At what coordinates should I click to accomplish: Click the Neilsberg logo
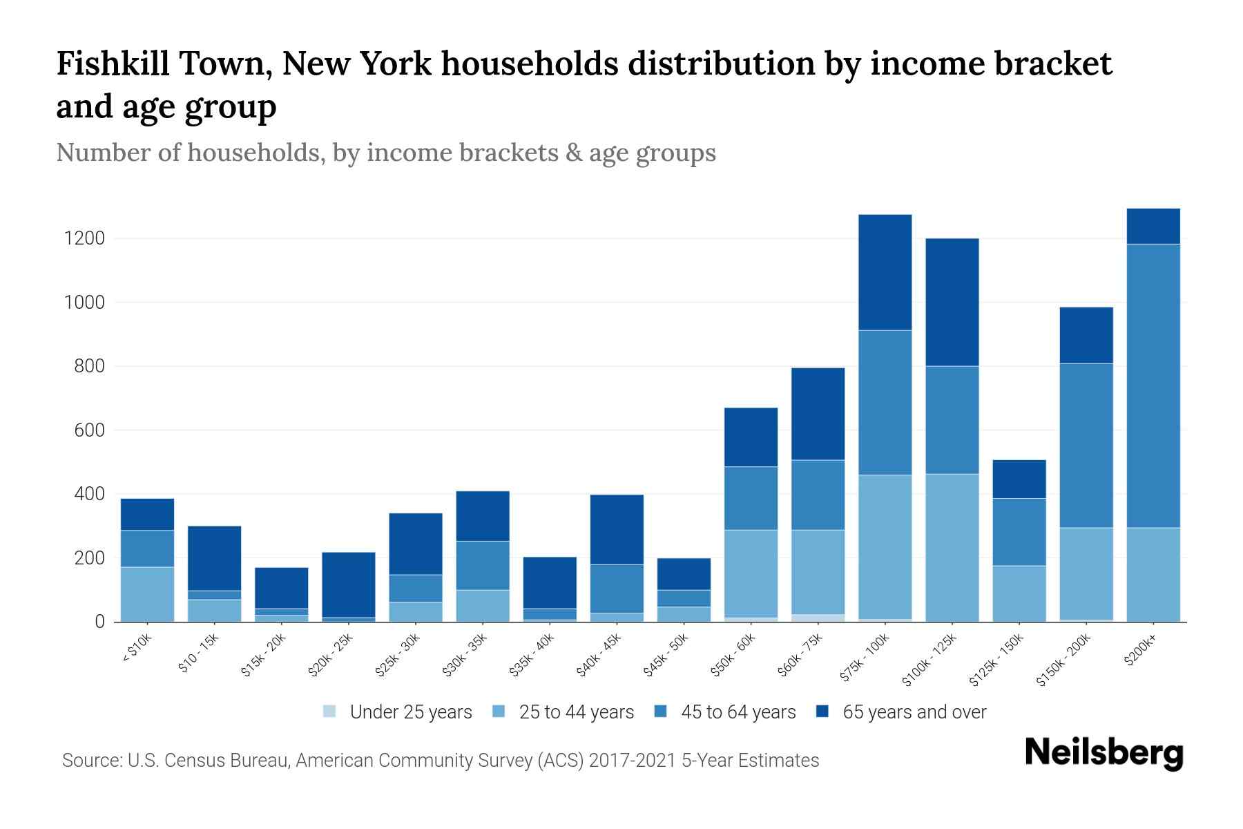pos(1104,752)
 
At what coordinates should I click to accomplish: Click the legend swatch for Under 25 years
pos(330,712)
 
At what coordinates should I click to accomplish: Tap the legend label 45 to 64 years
pos(738,712)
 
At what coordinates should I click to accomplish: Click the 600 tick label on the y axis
pos(89,430)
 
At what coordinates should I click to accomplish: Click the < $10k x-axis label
pos(137,649)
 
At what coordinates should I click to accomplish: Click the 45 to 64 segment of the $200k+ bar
pos(1153,385)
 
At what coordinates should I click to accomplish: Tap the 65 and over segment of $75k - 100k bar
pos(885,272)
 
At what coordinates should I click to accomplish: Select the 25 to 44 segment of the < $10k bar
pos(147,594)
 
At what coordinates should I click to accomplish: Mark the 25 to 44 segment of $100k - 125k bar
pos(952,547)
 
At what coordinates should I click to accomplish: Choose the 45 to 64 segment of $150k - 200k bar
pos(1086,446)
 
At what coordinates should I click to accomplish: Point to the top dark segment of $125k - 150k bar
pos(1019,479)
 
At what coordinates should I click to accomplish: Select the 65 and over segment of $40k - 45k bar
pos(617,529)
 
